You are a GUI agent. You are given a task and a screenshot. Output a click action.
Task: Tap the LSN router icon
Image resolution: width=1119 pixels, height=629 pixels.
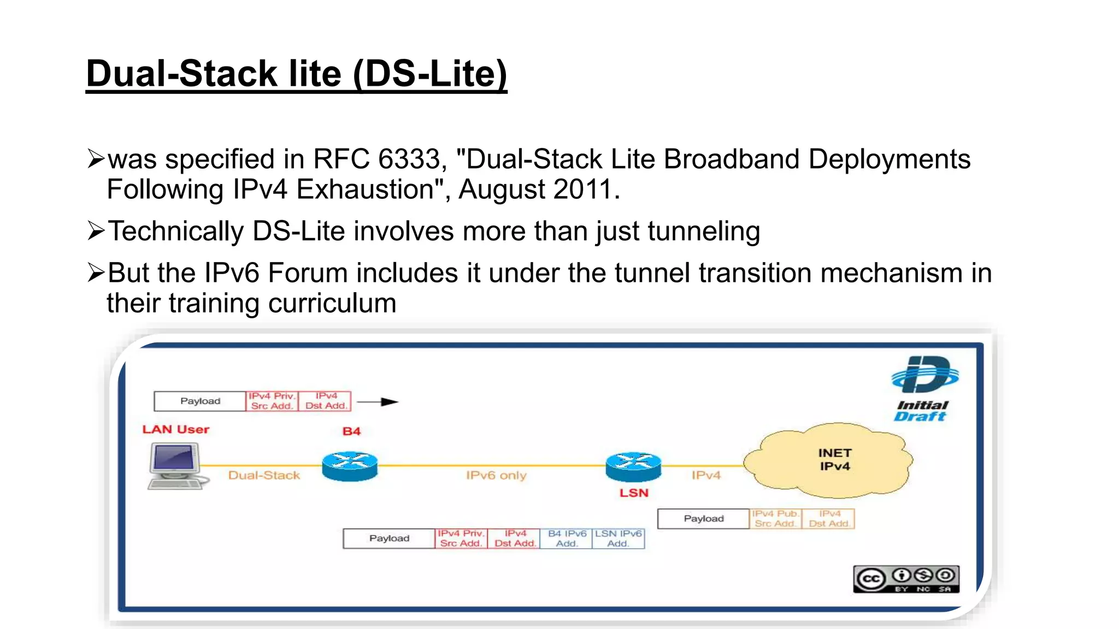click(633, 467)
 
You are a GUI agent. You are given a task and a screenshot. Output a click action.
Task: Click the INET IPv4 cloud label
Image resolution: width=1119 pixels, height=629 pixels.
click(834, 460)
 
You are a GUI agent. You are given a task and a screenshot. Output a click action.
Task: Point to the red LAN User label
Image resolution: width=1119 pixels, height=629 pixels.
click(176, 430)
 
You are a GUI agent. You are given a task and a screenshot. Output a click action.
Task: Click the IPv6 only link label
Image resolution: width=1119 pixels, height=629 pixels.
click(496, 476)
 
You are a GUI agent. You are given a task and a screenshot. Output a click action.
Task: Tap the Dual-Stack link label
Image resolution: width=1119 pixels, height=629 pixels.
click(264, 476)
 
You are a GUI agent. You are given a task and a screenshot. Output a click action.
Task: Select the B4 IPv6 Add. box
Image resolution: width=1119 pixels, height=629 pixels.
click(567, 538)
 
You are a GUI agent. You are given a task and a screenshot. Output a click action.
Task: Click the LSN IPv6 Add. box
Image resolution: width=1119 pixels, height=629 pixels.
click(618, 538)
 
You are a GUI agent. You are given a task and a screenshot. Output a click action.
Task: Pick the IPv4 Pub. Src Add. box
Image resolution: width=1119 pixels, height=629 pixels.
click(775, 519)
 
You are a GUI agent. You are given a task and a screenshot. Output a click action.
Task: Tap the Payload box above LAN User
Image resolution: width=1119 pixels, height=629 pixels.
click(200, 401)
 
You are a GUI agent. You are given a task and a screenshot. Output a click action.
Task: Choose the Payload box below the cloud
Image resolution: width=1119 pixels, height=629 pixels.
click(703, 519)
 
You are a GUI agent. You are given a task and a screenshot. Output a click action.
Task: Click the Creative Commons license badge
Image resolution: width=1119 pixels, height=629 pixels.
click(906, 579)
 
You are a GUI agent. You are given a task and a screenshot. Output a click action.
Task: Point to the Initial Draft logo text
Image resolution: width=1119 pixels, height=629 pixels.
click(922, 411)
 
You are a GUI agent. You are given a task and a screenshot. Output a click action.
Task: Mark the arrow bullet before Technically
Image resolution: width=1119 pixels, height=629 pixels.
click(96, 231)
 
